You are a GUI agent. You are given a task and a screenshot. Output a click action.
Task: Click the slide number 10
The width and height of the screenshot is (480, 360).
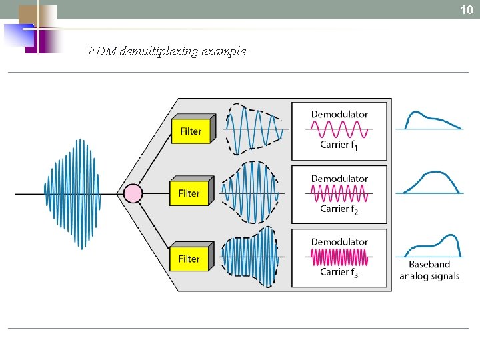pos(465,9)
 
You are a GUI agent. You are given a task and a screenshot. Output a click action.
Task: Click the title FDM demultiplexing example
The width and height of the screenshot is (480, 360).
pos(167,51)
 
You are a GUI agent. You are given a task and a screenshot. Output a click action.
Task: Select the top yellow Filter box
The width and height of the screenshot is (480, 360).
pos(191,131)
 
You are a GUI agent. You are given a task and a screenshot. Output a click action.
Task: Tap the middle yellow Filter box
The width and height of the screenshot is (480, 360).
pos(189,193)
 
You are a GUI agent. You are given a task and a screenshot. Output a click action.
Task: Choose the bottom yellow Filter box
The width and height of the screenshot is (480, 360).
pos(189,258)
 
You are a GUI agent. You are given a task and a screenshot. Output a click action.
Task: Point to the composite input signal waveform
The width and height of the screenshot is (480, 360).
pos(73,193)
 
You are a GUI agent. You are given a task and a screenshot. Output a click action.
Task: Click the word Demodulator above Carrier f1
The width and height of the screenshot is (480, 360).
pos(339,114)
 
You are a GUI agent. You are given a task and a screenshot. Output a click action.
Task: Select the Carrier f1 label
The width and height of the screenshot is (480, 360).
pos(339,145)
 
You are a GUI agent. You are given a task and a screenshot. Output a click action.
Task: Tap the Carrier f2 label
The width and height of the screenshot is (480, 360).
pos(339,209)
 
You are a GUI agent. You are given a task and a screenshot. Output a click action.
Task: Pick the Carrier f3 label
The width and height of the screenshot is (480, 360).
pos(339,272)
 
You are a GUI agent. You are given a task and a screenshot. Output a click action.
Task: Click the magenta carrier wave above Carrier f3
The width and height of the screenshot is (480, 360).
pos(339,257)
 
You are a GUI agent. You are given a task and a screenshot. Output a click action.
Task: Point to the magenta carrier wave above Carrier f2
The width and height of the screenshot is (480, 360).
pos(339,193)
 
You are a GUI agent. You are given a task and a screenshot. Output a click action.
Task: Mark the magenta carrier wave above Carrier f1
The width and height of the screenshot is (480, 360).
pos(339,129)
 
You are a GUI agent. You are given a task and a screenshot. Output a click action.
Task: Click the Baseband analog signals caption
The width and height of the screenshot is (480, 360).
pos(430,270)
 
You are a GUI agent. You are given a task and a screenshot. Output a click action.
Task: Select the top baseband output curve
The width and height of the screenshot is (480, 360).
pos(432,120)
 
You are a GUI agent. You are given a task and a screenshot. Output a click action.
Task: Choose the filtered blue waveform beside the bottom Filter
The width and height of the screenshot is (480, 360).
pos(249,257)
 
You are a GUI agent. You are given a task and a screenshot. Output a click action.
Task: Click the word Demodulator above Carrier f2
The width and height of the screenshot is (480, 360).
pos(339,179)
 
